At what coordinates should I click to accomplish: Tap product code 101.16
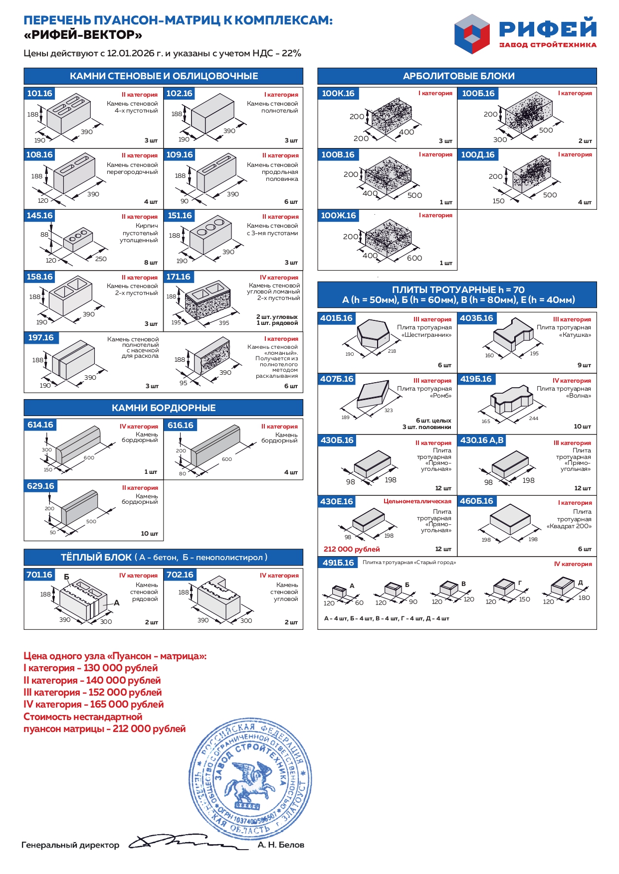39,94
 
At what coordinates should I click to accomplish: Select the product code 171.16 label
178,277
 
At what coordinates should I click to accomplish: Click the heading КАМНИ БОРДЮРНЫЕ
164,408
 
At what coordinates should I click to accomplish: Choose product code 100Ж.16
338,216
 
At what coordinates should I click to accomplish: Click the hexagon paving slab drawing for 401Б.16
373,334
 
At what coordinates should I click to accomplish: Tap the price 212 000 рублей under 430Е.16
352,549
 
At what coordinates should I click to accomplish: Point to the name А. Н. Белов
281,845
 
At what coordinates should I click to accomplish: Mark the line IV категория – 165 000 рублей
94,705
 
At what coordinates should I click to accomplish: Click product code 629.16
41,486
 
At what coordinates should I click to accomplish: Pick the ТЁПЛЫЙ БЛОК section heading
164,558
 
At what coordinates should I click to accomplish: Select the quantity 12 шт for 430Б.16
443,488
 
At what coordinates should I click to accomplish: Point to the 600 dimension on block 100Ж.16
414,258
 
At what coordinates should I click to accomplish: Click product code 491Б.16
338,563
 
